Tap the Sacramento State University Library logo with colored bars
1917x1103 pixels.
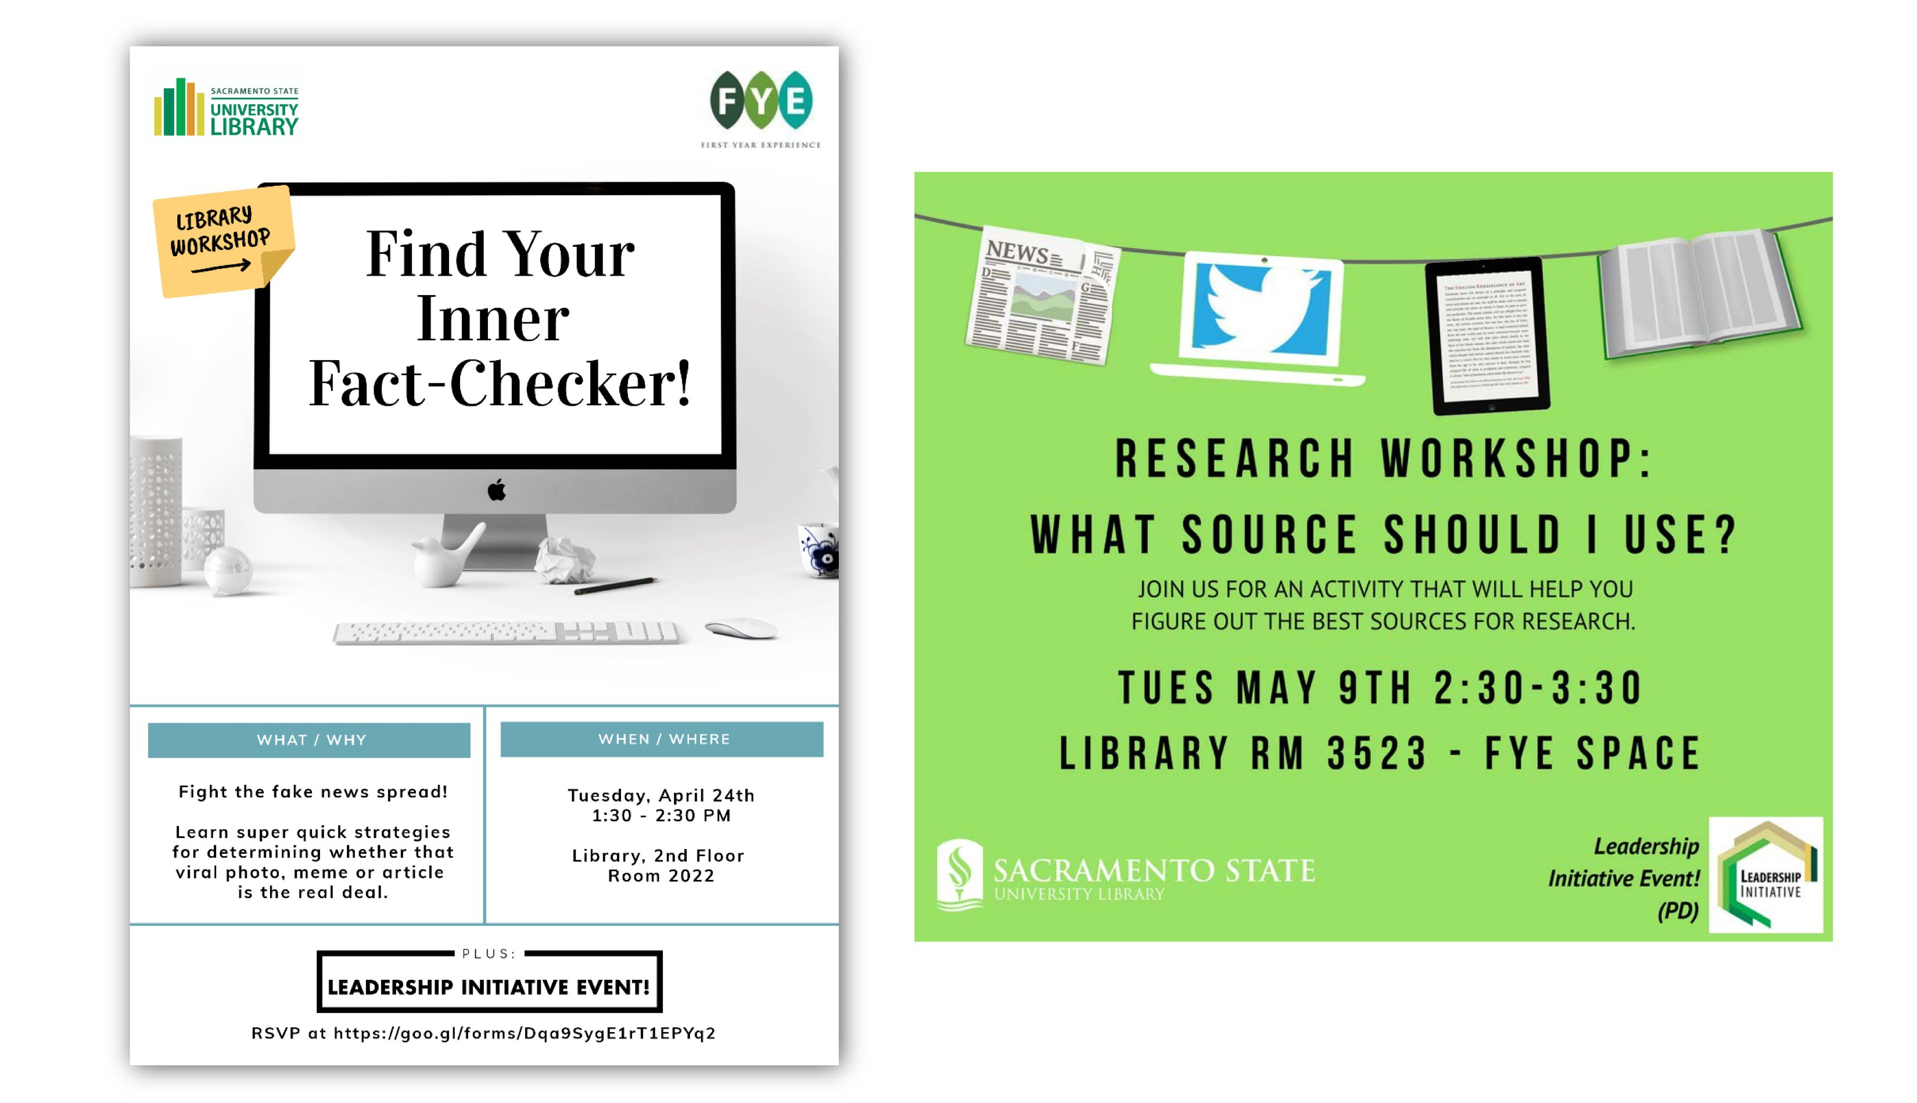click(226, 109)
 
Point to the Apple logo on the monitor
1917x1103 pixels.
click(496, 490)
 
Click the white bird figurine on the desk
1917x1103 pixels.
click(444, 557)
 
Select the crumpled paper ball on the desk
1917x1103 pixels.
click(563, 559)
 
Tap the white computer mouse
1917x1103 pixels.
click(740, 628)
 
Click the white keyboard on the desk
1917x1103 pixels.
click(506, 632)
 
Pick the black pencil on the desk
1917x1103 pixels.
click(615, 585)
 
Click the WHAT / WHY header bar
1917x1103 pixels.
click(309, 739)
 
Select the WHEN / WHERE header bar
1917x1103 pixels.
click(662, 739)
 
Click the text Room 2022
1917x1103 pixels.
click(660, 876)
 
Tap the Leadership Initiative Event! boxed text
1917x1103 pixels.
click(489, 986)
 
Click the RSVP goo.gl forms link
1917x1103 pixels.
click(524, 1033)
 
